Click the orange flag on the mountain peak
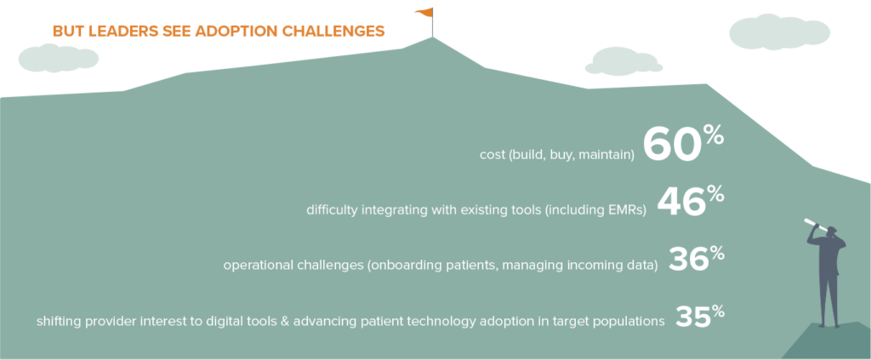pos(424,12)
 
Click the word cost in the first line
pos(490,154)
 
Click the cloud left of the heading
pos(59,59)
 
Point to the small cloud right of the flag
pos(624,60)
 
